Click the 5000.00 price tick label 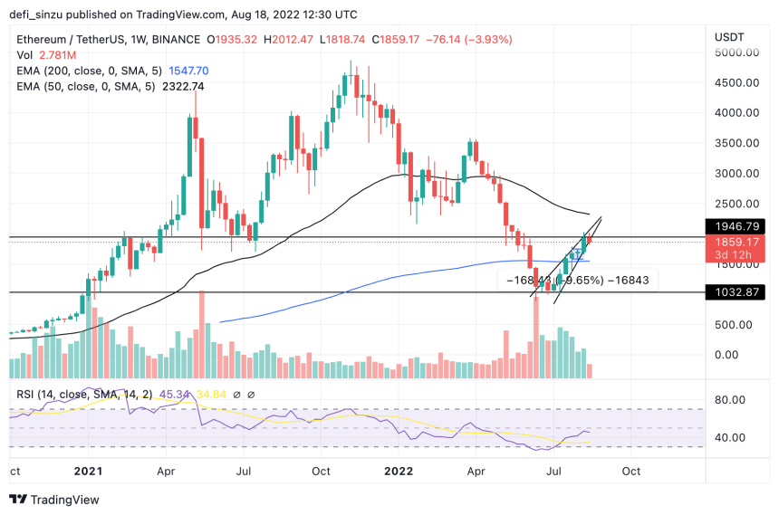click(735, 52)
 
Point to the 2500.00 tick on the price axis click(735, 204)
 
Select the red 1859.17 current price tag click(736, 243)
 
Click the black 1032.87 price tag click(736, 292)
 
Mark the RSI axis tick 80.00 click(729, 398)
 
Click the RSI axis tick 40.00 click(729, 437)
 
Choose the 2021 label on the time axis click(88, 472)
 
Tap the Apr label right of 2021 click(166, 472)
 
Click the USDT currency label click(728, 36)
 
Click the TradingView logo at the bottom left click(53, 500)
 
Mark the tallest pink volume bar click(201, 334)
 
